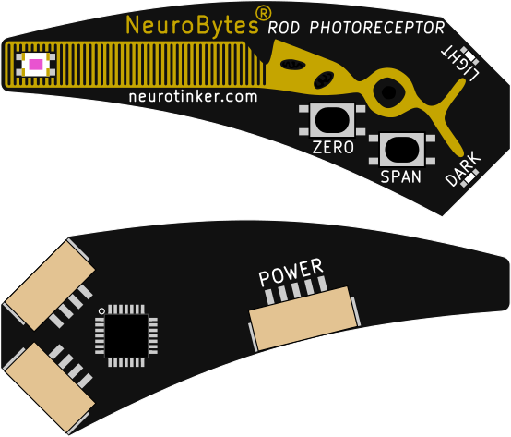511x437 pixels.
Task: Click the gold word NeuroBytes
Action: (192, 25)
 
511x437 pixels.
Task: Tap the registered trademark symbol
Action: (263, 14)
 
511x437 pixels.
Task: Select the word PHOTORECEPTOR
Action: (377, 28)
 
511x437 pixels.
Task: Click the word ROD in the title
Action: (283, 28)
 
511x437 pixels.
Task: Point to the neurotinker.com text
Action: (194, 96)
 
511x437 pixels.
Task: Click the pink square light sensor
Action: (36, 65)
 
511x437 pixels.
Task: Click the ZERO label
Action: (333, 147)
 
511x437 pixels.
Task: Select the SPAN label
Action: (401, 176)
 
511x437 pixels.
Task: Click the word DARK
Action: (463, 169)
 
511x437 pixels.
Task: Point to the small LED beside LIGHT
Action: (470, 55)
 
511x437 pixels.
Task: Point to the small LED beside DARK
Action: (469, 178)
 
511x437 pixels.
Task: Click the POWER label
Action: (291, 272)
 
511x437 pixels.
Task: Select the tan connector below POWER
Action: (303, 318)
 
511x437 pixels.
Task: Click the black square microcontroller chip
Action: (126, 335)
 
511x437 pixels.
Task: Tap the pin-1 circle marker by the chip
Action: (101, 311)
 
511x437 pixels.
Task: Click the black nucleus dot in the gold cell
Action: (388, 92)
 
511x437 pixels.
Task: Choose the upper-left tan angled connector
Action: (49, 285)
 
